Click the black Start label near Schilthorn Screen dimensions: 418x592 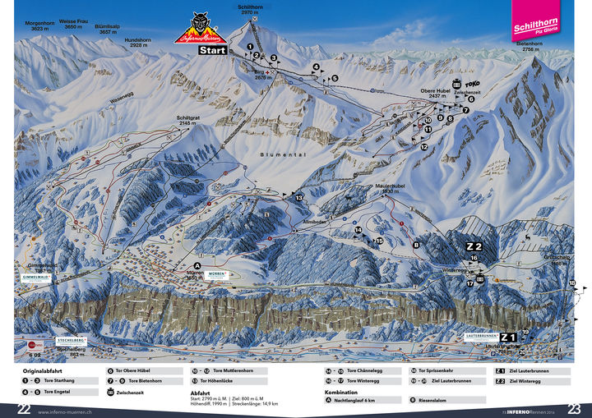(212, 49)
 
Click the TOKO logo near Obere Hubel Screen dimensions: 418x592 (472, 85)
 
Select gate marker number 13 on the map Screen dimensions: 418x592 (298, 198)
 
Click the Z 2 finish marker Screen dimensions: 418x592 (474, 246)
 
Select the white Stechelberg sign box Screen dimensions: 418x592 (72, 339)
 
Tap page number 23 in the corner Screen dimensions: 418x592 (574, 409)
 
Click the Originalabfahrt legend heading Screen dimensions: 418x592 (42, 371)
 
